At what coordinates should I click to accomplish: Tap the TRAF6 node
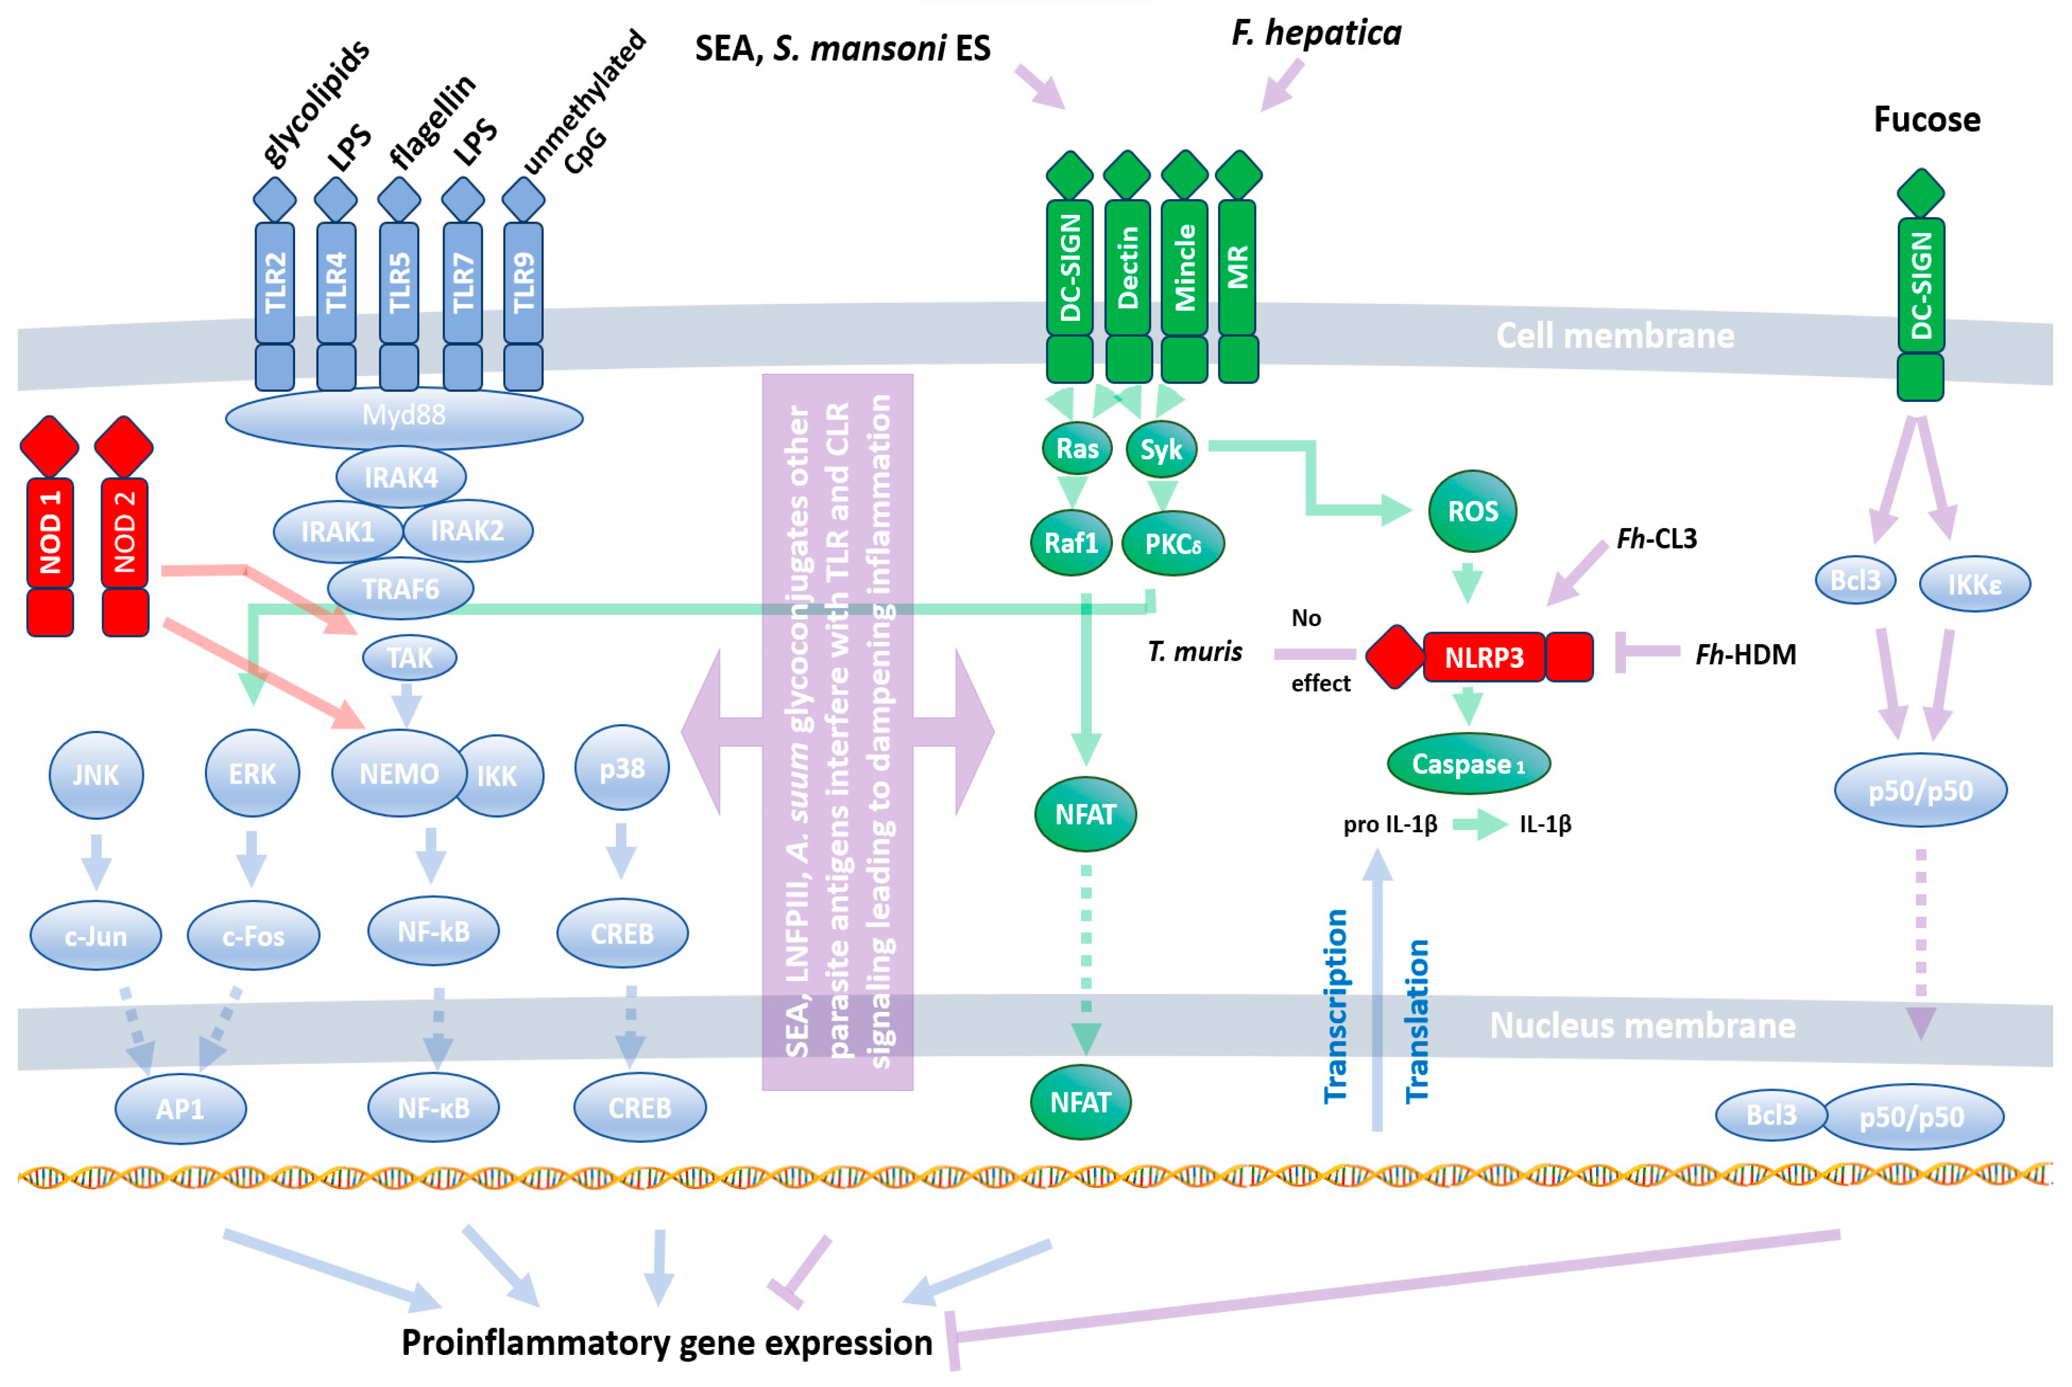pyautogui.click(x=400, y=588)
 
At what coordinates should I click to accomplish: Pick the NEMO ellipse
pyautogui.click(x=399, y=774)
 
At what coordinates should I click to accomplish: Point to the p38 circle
pyautogui.click(x=622, y=768)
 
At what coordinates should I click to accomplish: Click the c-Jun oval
pyautogui.click(x=96, y=935)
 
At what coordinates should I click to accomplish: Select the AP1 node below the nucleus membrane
pyautogui.click(x=181, y=1108)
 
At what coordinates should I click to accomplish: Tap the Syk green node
pyautogui.click(x=1161, y=449)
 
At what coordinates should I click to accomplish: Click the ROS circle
pyautogui.click(x=1472, y=511)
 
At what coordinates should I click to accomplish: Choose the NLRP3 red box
pyautogui.click(x=1484, y=657)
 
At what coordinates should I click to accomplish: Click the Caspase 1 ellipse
pyautogui.click(x=1468, y=763)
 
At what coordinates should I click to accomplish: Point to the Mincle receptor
pyautogui.click(x=1184, y=267)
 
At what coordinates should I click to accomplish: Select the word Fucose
pyautogui.click(x=1926, y=119)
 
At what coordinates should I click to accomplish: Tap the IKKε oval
pyautogui.click(x=1974, y=584)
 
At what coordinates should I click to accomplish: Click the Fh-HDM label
pyautogui.click(x=1745, y=654)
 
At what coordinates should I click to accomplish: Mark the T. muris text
pyautogui.click(x=1194, y=652)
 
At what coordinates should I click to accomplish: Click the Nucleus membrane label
pyautogui.click(x=1642, y=1025)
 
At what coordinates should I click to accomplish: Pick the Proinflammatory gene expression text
pyautogui.click(x=666, y=1342)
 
